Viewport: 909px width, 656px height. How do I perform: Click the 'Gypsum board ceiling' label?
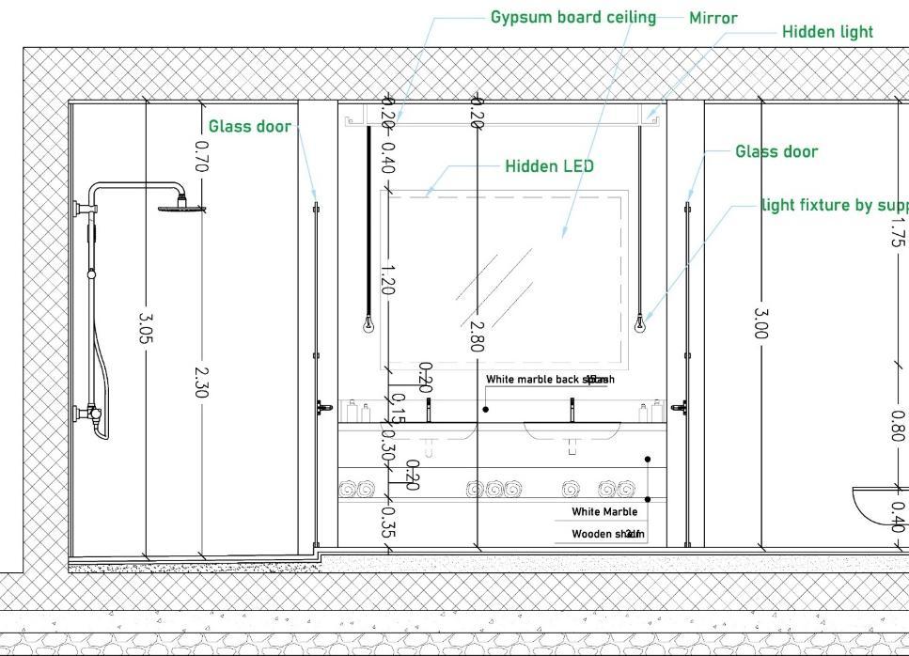[572, 17]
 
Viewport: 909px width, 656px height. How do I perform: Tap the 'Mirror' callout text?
[713, 18]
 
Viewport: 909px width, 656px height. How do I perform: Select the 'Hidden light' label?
[827, 31]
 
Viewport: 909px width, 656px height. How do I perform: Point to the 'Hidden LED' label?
[549, 166]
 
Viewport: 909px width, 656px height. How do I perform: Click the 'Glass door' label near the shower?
[249, 126]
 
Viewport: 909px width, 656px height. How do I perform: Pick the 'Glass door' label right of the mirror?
[776, 151]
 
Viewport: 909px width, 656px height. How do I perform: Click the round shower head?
[181, 204]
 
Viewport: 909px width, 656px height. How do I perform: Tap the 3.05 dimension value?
[146, 329]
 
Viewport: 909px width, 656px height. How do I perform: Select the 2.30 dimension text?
[200, 382]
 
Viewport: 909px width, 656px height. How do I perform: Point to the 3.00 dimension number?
[760, 322]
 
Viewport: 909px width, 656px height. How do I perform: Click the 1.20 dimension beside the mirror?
[387, 280]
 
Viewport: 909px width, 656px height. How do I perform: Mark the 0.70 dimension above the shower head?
[200, 157]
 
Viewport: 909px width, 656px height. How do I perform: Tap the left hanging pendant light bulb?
[368, 325]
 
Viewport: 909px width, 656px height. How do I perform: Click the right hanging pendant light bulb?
[640, 325]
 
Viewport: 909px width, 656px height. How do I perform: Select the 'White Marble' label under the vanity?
[604, 512]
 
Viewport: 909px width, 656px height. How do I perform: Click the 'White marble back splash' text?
[549, 380]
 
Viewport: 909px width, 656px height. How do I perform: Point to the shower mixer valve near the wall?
[91, 412]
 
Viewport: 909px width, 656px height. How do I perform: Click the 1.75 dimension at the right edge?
[897, 231]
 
